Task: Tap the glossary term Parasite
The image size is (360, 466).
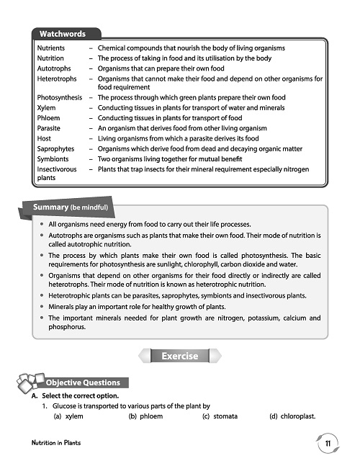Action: coord(49,128)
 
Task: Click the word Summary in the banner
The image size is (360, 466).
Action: coord(51,208)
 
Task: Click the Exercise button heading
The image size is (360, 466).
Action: coord(179,356)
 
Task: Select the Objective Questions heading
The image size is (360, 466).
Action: coord(82,382)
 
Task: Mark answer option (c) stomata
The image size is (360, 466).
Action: coord(220,416)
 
